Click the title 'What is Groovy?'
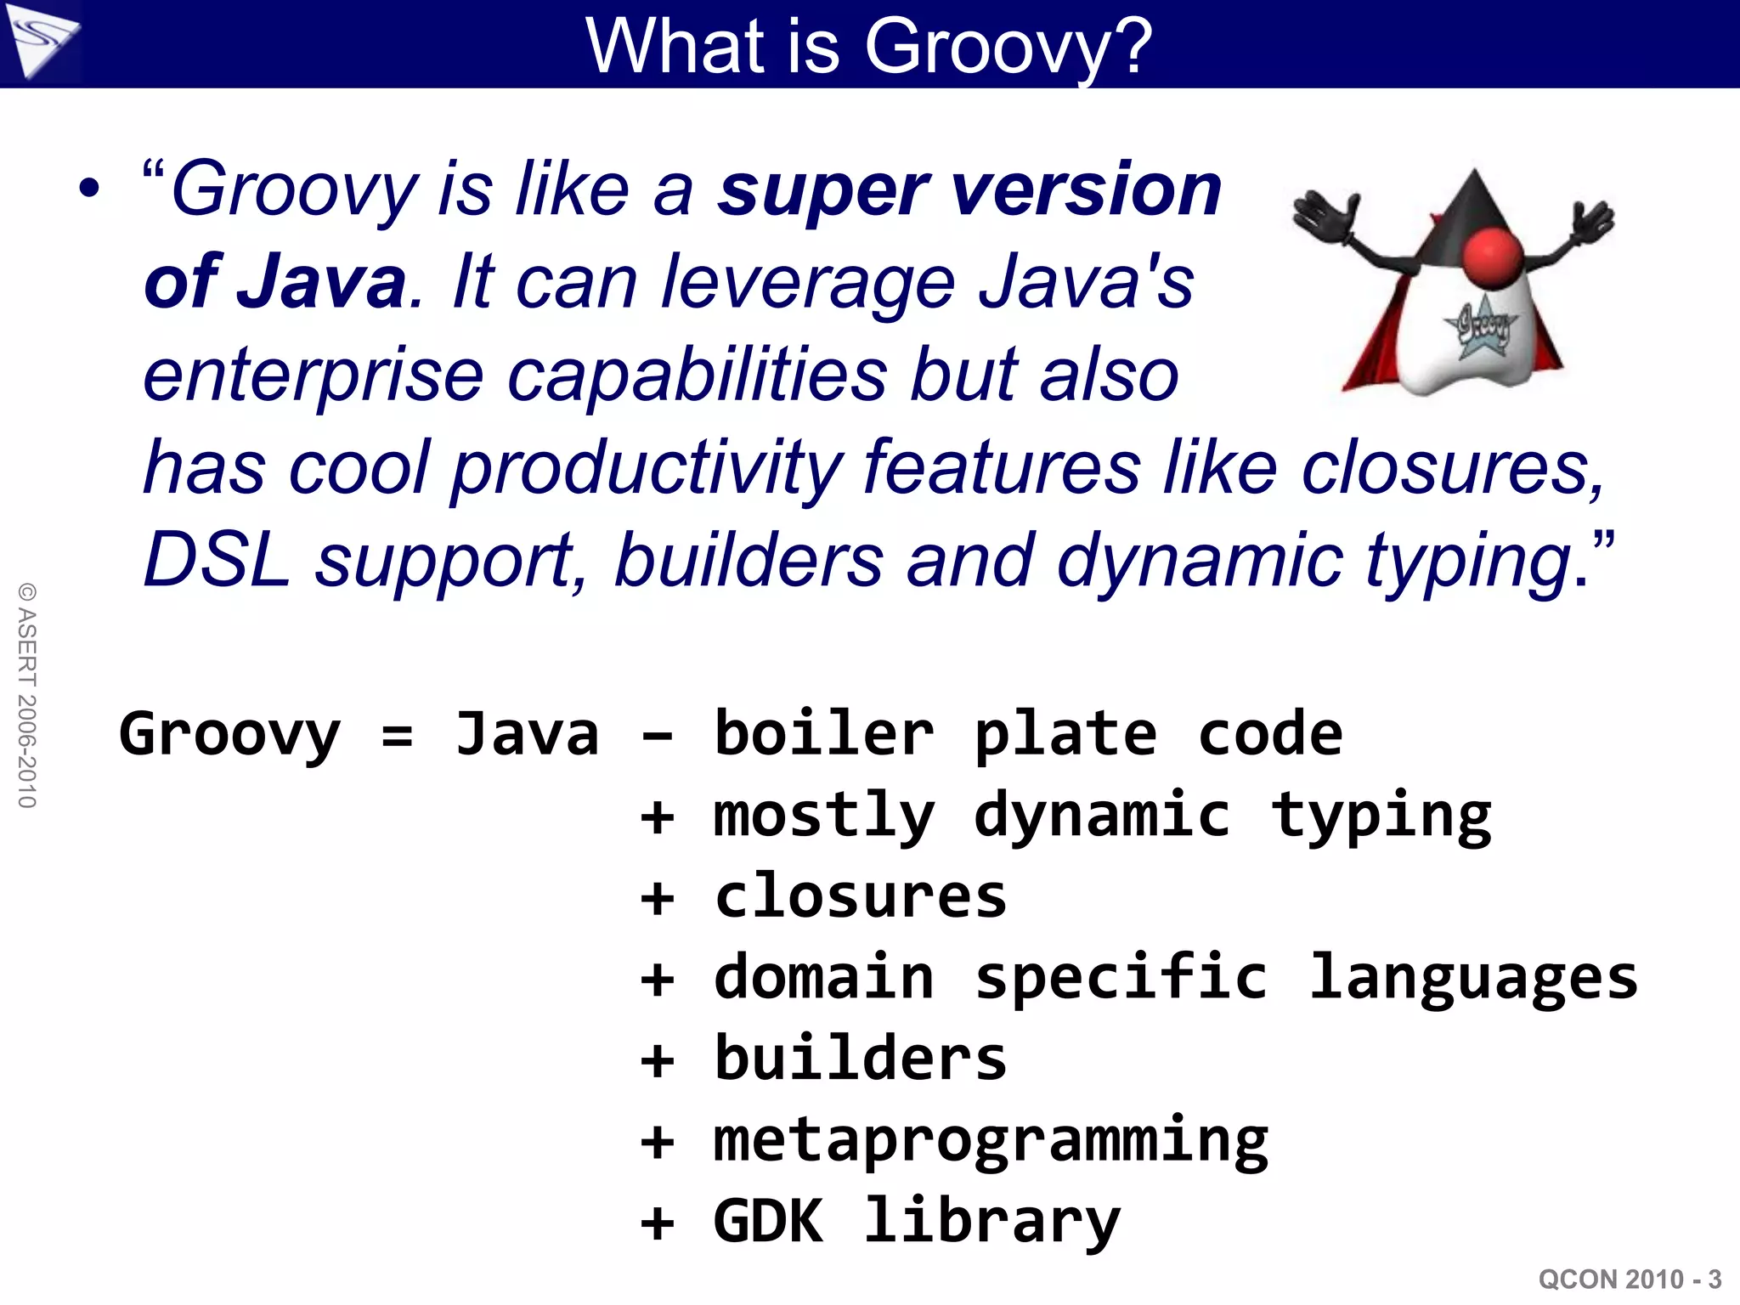(x=868, y=46)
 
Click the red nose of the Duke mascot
(x=1493, y=258)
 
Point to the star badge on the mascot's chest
(x=1481, y=325)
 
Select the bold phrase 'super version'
(x=969, y=190)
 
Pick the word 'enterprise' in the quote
(x=314, y=376)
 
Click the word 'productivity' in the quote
(x=646, y=468)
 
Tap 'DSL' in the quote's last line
(x=216, y=561)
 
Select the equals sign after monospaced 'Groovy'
(x=397, y=735)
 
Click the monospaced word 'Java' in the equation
(x=527, y=734)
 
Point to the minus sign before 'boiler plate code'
(x=657, y=736)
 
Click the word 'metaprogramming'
(x=990, y=1142)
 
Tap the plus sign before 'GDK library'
(x=657, y=1223)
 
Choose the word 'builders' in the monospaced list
(x=860, y=1059)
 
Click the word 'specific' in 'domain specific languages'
(x=1120, y=979)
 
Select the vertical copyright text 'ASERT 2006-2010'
(x=27, y=696)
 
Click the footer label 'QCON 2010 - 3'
(x=1630, y=1280)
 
